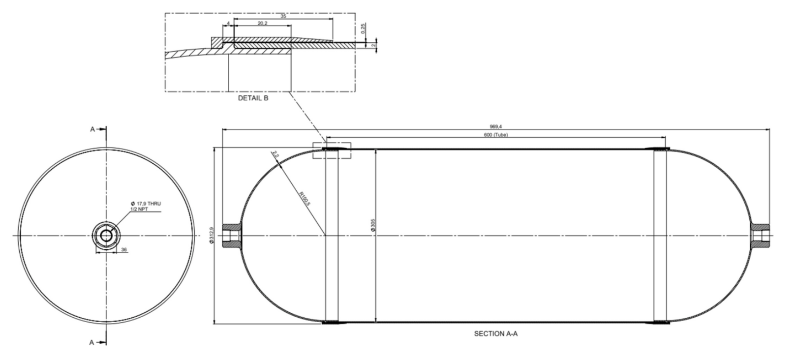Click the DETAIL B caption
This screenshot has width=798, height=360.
point(253,98)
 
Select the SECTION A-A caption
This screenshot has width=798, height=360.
point(495,333)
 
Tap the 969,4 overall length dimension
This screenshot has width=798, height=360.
point(495,126)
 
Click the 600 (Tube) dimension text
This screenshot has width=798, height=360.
point(495,135)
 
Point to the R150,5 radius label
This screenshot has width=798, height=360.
point(305,199)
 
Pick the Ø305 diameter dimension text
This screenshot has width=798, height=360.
point(373,225)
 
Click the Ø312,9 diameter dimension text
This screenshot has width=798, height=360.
point(212,236)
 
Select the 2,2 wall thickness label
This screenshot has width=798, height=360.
point(276,154)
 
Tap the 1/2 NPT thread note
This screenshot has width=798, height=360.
point(139,209)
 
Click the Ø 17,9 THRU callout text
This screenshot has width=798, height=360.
point(146,204)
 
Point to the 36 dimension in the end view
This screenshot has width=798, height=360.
point(124,250)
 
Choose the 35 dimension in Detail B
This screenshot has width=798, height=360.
point(283,16)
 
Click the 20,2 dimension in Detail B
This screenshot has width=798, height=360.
point(263,23)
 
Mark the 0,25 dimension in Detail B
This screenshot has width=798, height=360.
point(363,29)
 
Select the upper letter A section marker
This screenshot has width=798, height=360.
point(92,129)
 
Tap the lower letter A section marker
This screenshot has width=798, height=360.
point(92,342)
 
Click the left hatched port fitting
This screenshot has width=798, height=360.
point(232,236)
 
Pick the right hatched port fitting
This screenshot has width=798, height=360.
point(760,236)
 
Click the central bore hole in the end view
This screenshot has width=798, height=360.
point(106,236)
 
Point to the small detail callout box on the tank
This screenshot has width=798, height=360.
point(332,150)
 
